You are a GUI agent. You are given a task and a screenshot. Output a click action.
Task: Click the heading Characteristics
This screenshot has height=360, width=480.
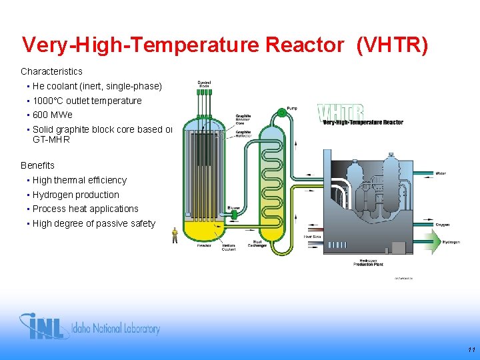pyautogui.click(x=51, y=71)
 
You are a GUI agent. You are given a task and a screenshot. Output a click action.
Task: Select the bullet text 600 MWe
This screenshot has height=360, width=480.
pyautogui.click(x=53, y=115)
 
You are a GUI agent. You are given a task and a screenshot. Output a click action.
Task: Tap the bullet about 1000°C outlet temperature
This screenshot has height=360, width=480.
pyautogui.click(x=87, y=101)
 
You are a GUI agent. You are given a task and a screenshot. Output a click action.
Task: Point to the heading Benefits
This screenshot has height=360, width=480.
pyautogui.click(x=37, y=165)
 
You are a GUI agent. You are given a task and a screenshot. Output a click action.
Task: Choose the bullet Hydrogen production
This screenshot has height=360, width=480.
pyautogui.click(x=75, y=195)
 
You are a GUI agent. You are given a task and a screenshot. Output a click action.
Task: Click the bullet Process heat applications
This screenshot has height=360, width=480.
pyautogui.click(x=85, y=209)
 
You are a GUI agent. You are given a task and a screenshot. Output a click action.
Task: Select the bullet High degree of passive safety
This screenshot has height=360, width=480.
pyautogui.click(x=93, y=223)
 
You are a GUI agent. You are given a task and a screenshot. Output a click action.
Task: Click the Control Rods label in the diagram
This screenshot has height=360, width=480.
pyautogui.click(x=204, y=85)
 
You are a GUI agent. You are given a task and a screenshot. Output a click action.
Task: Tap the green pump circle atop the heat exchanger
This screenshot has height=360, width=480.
pyautogui.click(x=281, y=113)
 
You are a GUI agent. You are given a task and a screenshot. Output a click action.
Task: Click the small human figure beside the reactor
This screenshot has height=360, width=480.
pyautogui.click(x=175, y=235)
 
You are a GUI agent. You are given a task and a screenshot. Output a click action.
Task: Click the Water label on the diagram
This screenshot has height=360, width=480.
pyautogui.click(x=441, y=173)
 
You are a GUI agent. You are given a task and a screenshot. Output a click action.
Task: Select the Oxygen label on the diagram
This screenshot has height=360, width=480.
pyautogui.click(x=442, y=225)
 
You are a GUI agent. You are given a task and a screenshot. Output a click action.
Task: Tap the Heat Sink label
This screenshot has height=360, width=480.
pyautogui.click(x=312, y=237)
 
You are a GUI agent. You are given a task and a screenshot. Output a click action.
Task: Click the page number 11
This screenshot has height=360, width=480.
pyautogui.click(x=471, y=349)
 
